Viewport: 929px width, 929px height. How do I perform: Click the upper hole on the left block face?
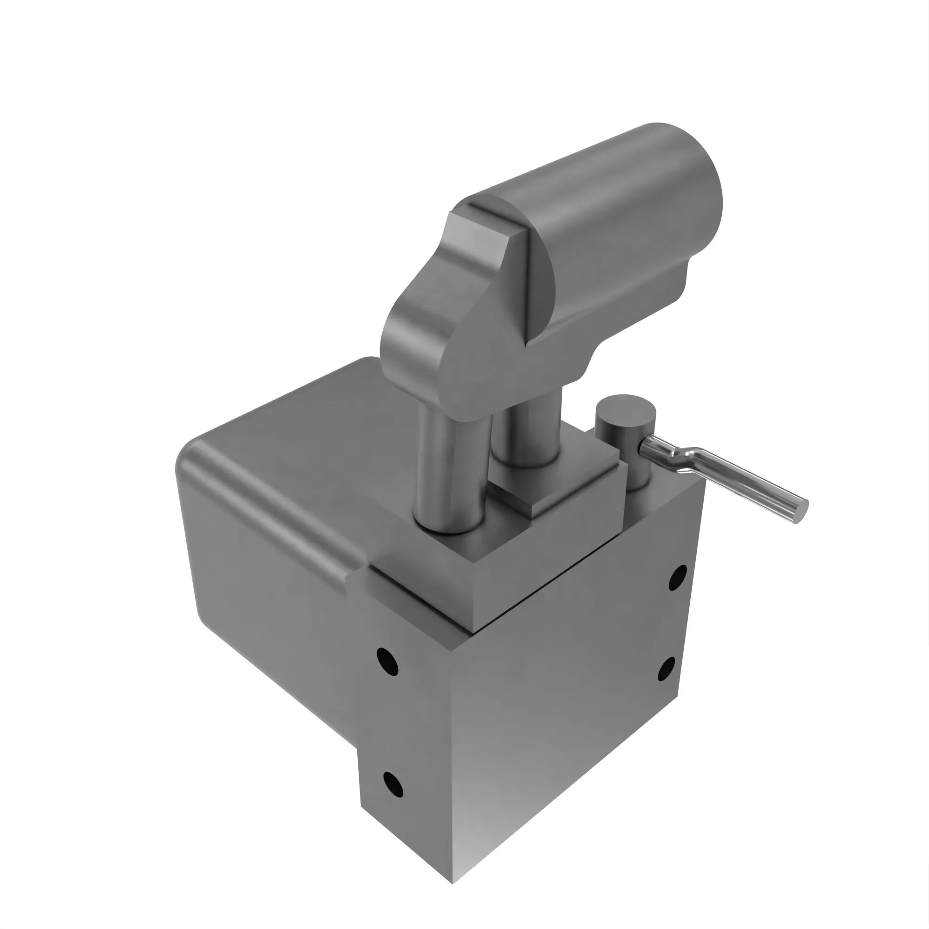click(387, 661)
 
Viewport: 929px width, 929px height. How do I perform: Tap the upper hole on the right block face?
click(678, 577)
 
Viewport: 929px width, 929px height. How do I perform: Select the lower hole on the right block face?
click(667, 669)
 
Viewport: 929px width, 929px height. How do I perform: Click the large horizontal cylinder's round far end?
click(693, 192)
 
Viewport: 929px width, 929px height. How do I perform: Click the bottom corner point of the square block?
click(453, 883)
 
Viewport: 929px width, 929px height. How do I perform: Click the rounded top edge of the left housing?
click(269, 500)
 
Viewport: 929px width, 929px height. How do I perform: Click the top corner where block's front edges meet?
click(452, 650)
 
